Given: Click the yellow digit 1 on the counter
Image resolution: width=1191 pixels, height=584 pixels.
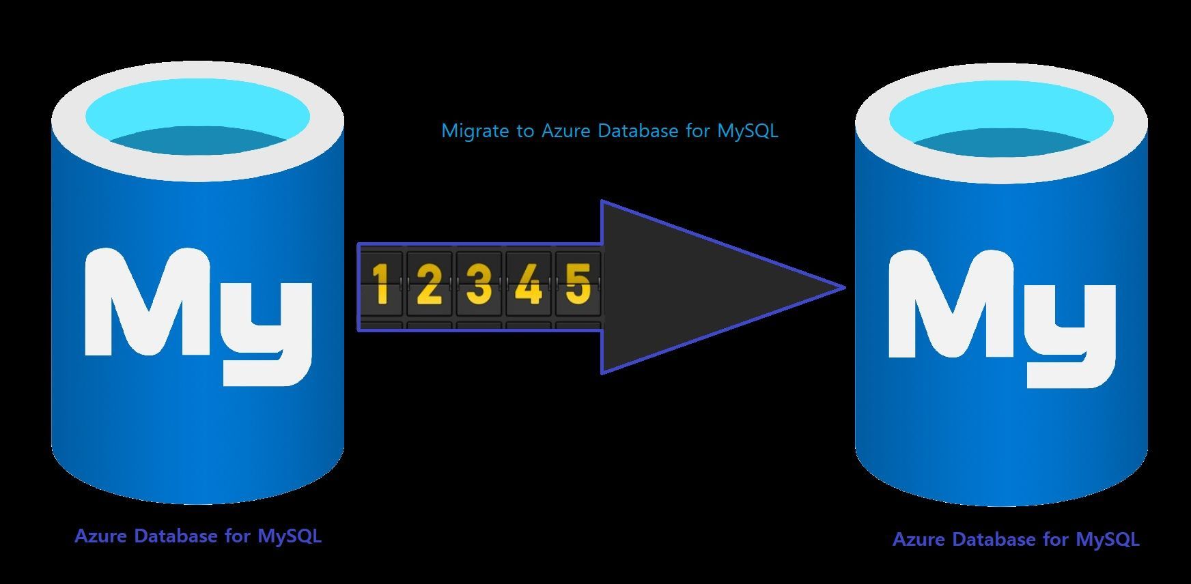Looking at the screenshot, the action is click(381, 284).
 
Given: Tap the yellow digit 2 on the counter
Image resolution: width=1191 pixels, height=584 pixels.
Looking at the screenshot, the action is click(429, 284).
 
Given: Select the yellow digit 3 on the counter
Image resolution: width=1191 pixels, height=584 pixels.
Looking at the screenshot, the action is click(479, 284).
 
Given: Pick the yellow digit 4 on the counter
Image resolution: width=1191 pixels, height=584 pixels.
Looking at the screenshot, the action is click(529, 284).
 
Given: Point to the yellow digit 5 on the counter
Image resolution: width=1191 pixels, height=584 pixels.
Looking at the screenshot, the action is click(578, 284).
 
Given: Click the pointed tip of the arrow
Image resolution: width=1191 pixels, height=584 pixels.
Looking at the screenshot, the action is click(845, 287).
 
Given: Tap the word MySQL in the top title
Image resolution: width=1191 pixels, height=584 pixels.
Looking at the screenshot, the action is click(748, 130).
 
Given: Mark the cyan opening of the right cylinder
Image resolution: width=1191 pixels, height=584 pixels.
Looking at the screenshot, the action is click(1001, 119).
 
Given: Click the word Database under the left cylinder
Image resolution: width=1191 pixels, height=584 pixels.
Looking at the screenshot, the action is click(176, 536).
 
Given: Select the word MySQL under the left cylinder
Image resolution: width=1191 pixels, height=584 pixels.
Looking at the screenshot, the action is click(290, 537).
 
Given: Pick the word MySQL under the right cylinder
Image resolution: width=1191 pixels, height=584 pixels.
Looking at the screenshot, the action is click(1108, 540).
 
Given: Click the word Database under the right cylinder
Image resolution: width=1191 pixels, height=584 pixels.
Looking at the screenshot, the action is click(994, 540).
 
